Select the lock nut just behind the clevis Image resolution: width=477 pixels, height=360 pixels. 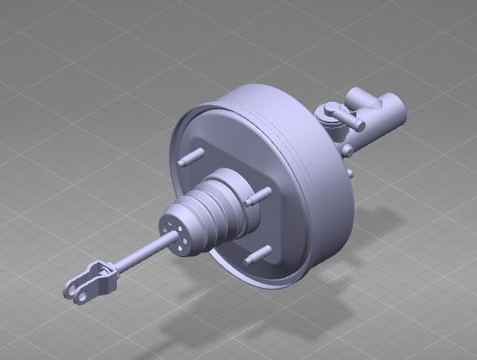tap(110, 270)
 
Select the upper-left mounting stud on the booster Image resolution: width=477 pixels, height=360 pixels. tap(192, 156)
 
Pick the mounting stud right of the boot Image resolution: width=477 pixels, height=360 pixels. tap(258, 196)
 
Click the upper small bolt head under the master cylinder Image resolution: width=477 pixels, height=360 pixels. tap(347, 150)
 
